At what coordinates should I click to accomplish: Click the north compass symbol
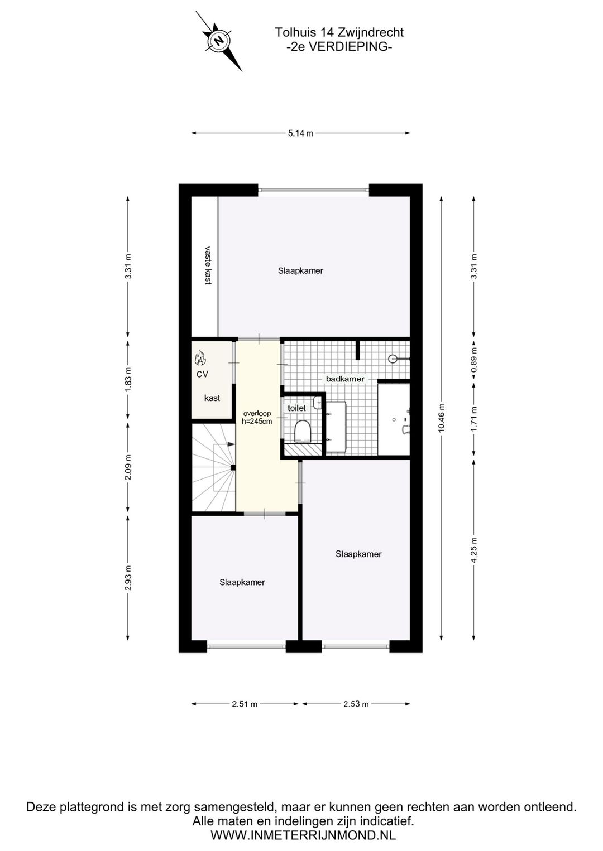219,41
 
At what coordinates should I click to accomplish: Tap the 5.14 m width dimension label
300,133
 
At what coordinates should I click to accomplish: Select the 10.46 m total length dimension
441,418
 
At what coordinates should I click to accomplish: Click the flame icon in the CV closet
200,356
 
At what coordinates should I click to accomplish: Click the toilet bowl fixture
302,431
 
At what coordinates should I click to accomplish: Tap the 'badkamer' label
345,379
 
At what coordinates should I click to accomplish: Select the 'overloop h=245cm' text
257,418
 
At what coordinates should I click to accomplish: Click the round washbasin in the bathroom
394,359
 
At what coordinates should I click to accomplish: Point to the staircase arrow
229,444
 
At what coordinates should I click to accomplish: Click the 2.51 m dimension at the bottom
245,704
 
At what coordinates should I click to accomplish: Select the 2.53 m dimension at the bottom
356,704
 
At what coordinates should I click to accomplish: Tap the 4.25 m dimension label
474,550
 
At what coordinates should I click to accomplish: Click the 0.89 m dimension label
474,361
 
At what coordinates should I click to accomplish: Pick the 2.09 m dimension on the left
128,468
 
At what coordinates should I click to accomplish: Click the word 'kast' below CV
212,398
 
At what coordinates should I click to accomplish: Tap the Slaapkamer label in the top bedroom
300,271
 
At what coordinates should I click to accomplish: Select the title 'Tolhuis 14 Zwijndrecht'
339,33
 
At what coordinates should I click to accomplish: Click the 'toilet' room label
296,408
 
